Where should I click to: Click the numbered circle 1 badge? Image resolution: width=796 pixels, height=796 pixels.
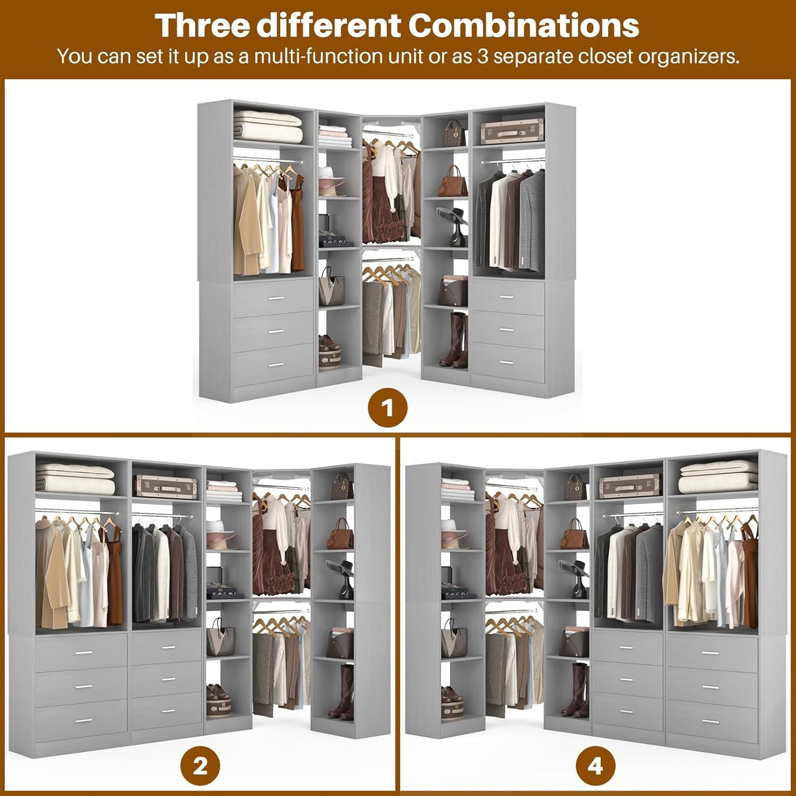point(388,409)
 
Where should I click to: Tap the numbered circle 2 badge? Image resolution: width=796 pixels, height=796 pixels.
point(200,766)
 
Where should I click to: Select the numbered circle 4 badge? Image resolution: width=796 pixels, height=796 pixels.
point(595,766)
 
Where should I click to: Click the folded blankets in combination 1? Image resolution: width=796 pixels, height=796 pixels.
point(268,126)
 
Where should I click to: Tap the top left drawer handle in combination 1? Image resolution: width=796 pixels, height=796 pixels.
point(275,298)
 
